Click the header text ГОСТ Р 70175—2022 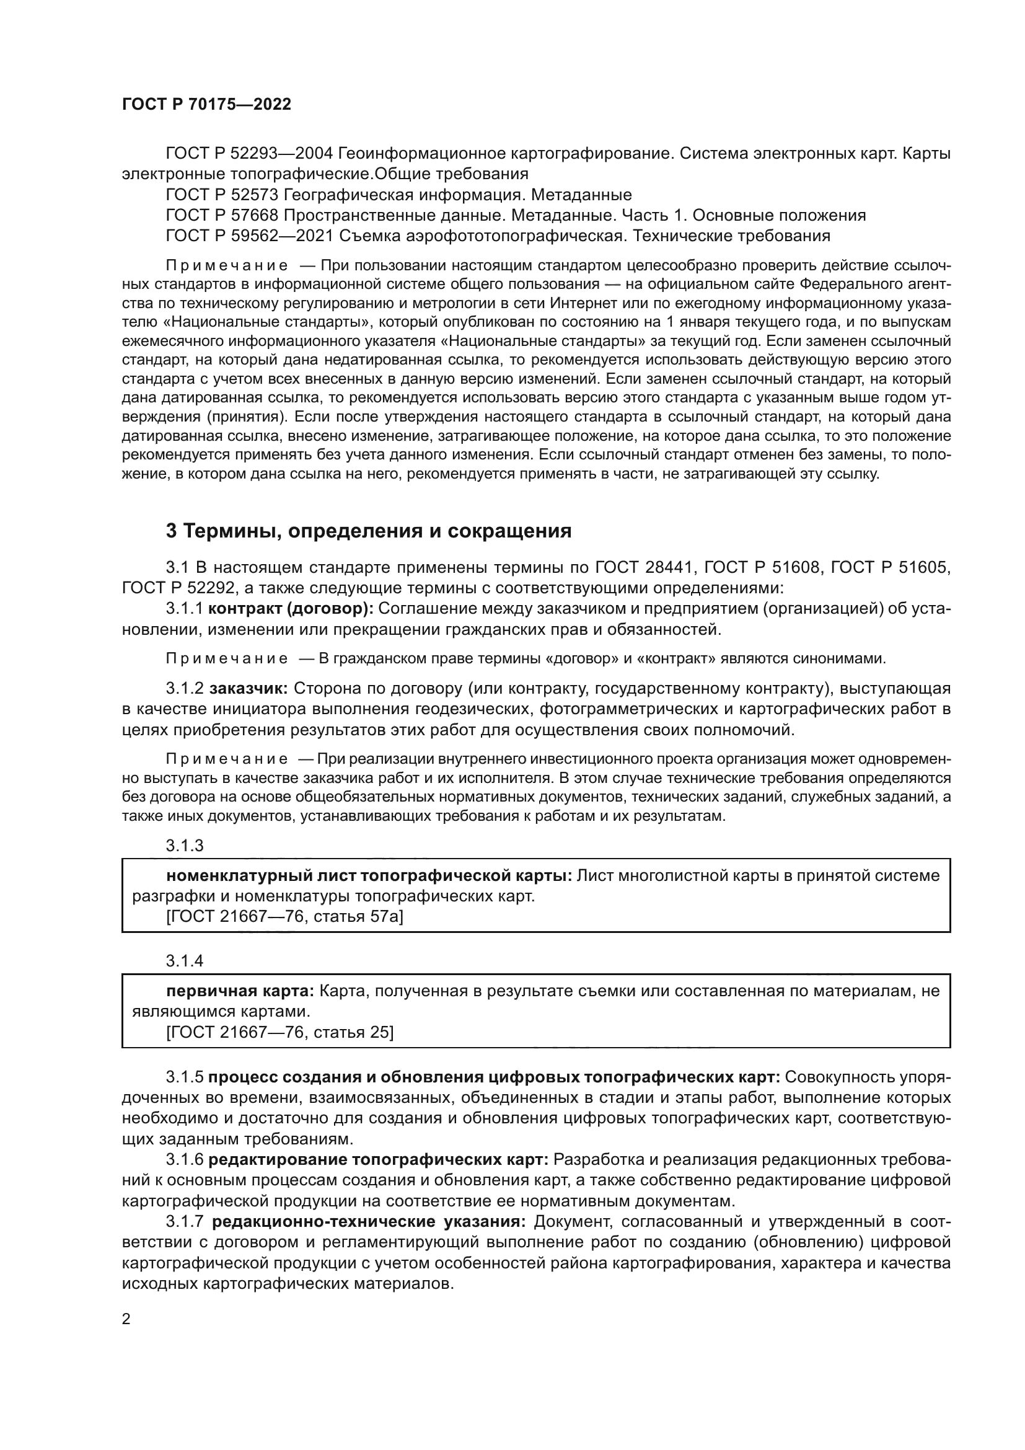pyautogui.click(x=206, y=105)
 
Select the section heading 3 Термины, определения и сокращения pyautogui.click(x=369, y=531)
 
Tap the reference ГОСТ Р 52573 pyautogui.click(x=222, y=195)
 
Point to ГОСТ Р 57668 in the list pyautogui.click(x=222, y=215)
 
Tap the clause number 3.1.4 pyautogui.click(x=184, y=962)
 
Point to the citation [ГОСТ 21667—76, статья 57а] pyautogui.click(x=284, y=916)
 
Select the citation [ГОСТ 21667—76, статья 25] pyautogui.click(x=279, y=1033)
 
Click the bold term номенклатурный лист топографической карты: pyautogui.click(x=369, y=876)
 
